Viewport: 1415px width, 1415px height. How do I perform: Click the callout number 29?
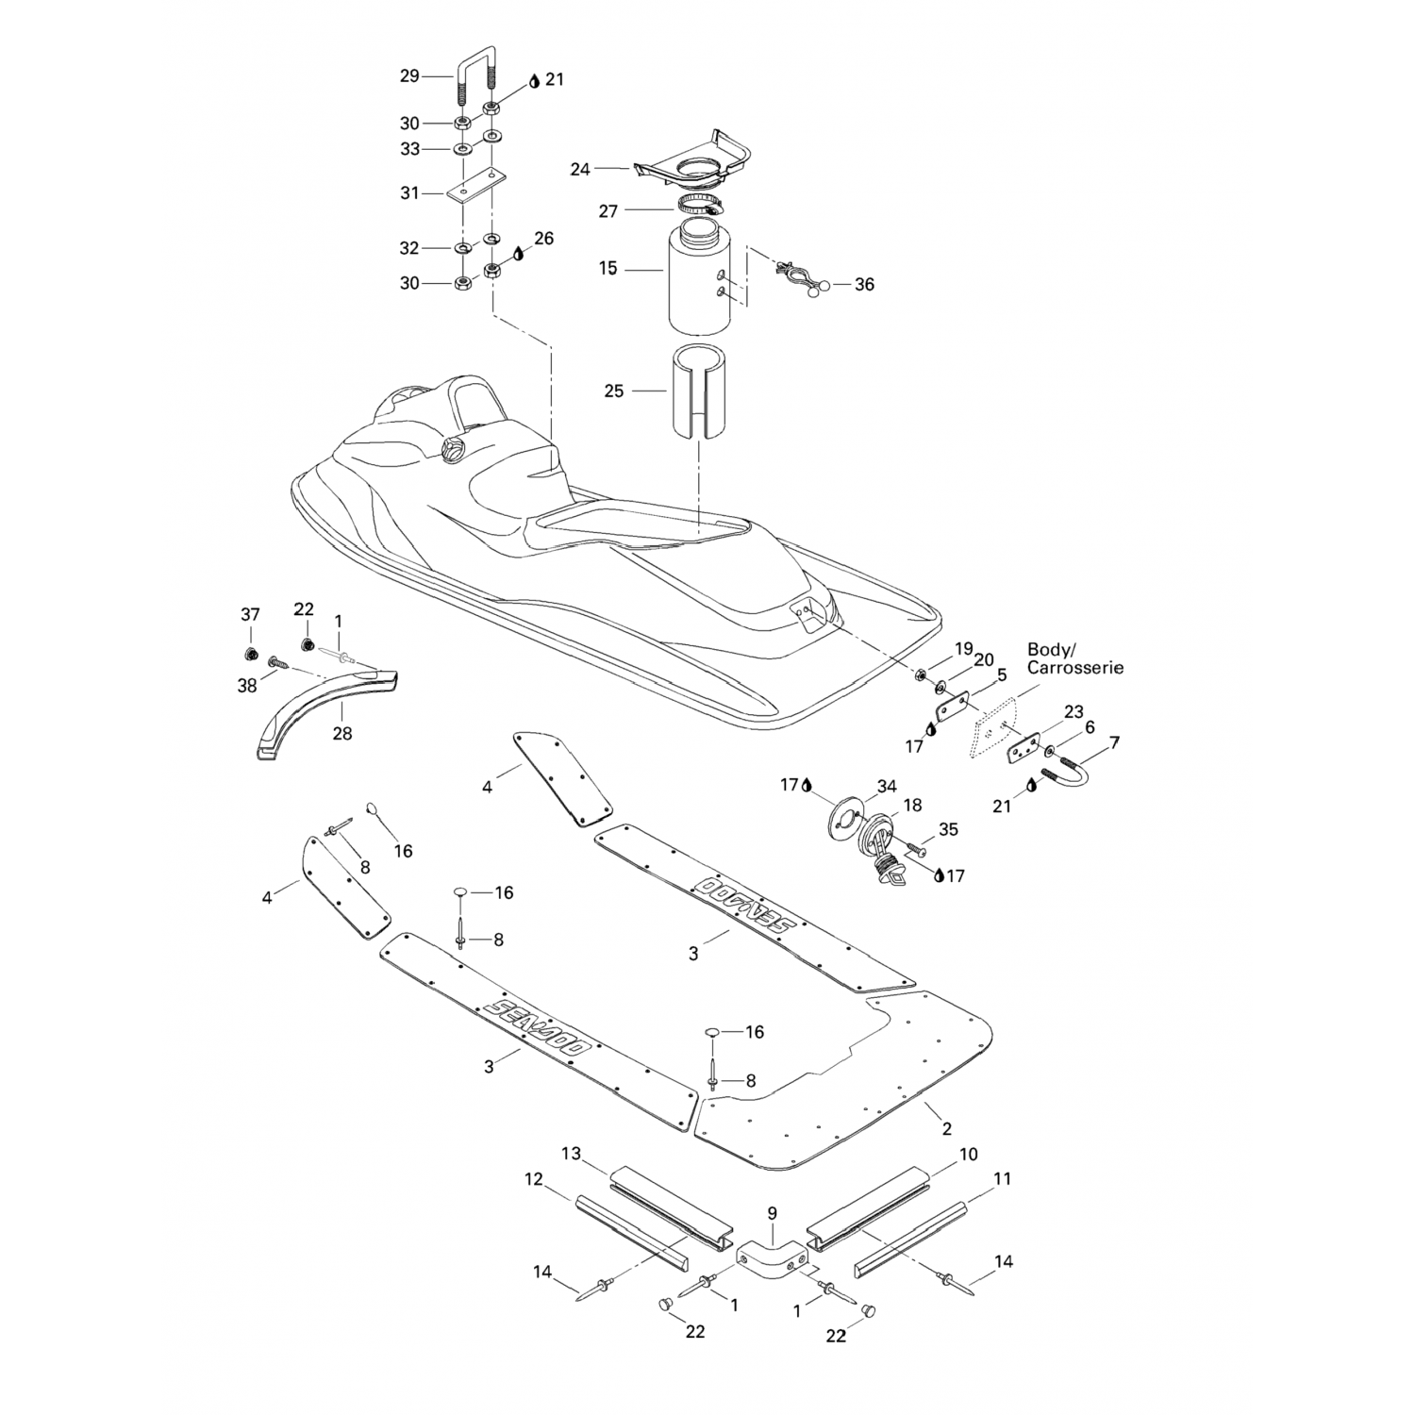[x=408, y=75]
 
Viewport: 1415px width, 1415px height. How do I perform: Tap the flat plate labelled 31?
[x=474, y=187]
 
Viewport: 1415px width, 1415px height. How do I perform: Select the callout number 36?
[x=864, y=284]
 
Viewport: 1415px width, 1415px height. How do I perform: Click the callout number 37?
[x=250, y=615]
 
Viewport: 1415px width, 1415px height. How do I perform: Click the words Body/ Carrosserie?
[x=1074, y=658]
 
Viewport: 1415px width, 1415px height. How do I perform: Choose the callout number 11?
[x=1002, y=1178]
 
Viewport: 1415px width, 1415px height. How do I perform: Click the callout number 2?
[x=946, y=1128]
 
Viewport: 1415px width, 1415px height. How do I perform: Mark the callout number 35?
[x=948, y=829]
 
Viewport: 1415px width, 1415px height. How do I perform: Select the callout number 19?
[x=962, y=649]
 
